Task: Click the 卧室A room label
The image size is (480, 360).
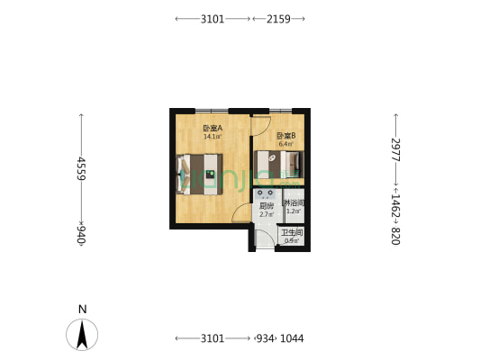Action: tap(213, 128)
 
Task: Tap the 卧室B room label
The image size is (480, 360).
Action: tap(285, 135)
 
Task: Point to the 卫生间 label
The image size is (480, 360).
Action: tap(292, 232)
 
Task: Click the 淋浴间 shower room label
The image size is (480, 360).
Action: tap(294, 203)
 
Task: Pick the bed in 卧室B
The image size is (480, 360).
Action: tap(278, 164)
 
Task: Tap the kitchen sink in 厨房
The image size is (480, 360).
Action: tap(266, 193)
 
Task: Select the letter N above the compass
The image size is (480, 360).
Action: tap(82, 309)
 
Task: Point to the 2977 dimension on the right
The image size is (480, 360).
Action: tap(394, 149)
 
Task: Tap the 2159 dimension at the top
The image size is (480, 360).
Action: tap(278, 18)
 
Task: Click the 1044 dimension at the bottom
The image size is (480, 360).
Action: tap(291, 338)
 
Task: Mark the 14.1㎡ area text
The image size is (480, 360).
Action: tap(213, 137)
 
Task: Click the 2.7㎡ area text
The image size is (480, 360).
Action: tap(266, 215)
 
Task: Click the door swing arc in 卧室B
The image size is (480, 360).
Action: tap(261, 126)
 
